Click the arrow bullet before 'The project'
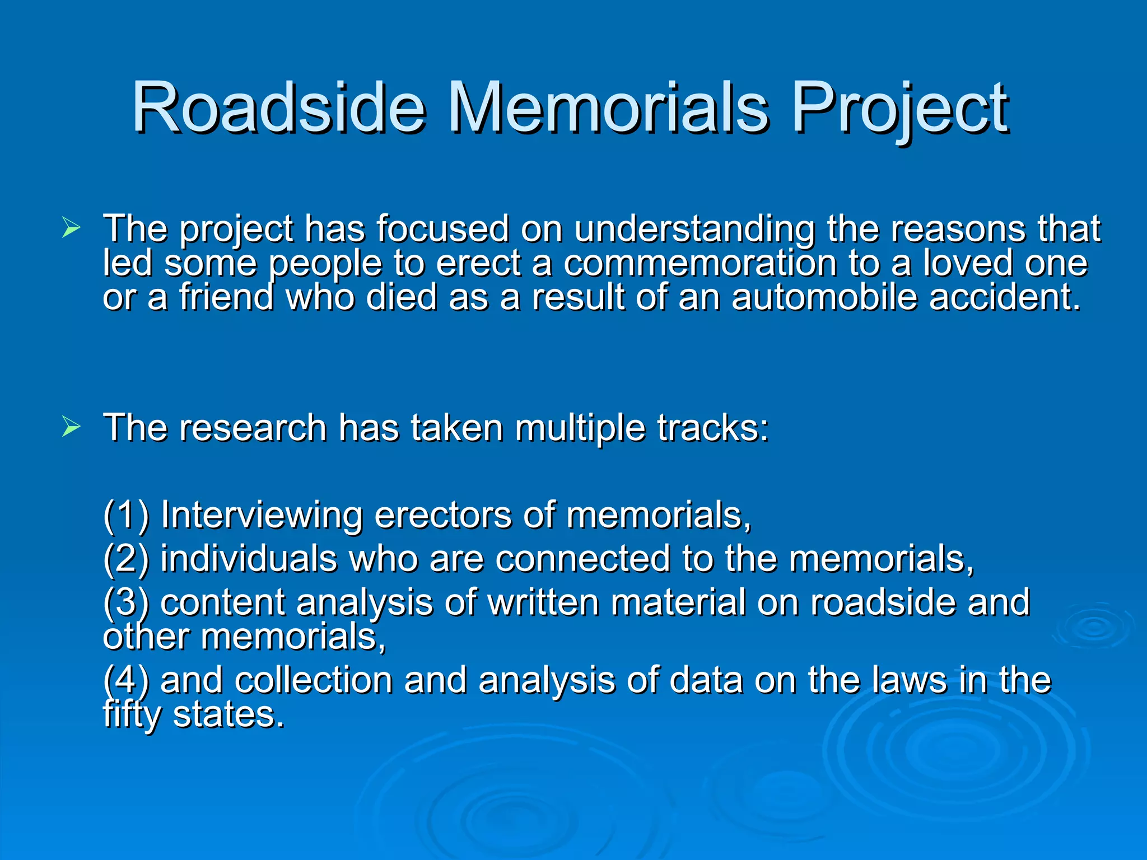tap(71, 228)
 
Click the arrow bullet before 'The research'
tap(71, 427)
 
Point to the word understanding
tap(694, 230)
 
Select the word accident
tap(1005, 297)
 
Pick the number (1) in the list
tap(126, 515)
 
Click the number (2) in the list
tap(126, 559)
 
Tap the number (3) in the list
tap(126, 602)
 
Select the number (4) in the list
tap(126, 680)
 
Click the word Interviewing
tap(262, 515)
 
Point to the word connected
tap(582, 559)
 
